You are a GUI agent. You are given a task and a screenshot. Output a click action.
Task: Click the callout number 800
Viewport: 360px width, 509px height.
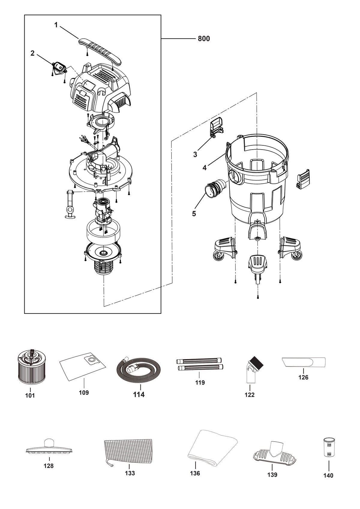pyautogui.click(x=204, y=39)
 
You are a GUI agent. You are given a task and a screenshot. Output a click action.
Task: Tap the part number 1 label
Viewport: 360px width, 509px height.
pyautogui.click(x=56, y=25)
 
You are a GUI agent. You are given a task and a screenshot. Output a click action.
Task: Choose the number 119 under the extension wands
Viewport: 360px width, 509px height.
pyautogui.click(x=200, y=382)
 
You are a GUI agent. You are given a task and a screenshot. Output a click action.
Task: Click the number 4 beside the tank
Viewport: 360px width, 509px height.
pyautogui.click(x=204, y=168)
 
